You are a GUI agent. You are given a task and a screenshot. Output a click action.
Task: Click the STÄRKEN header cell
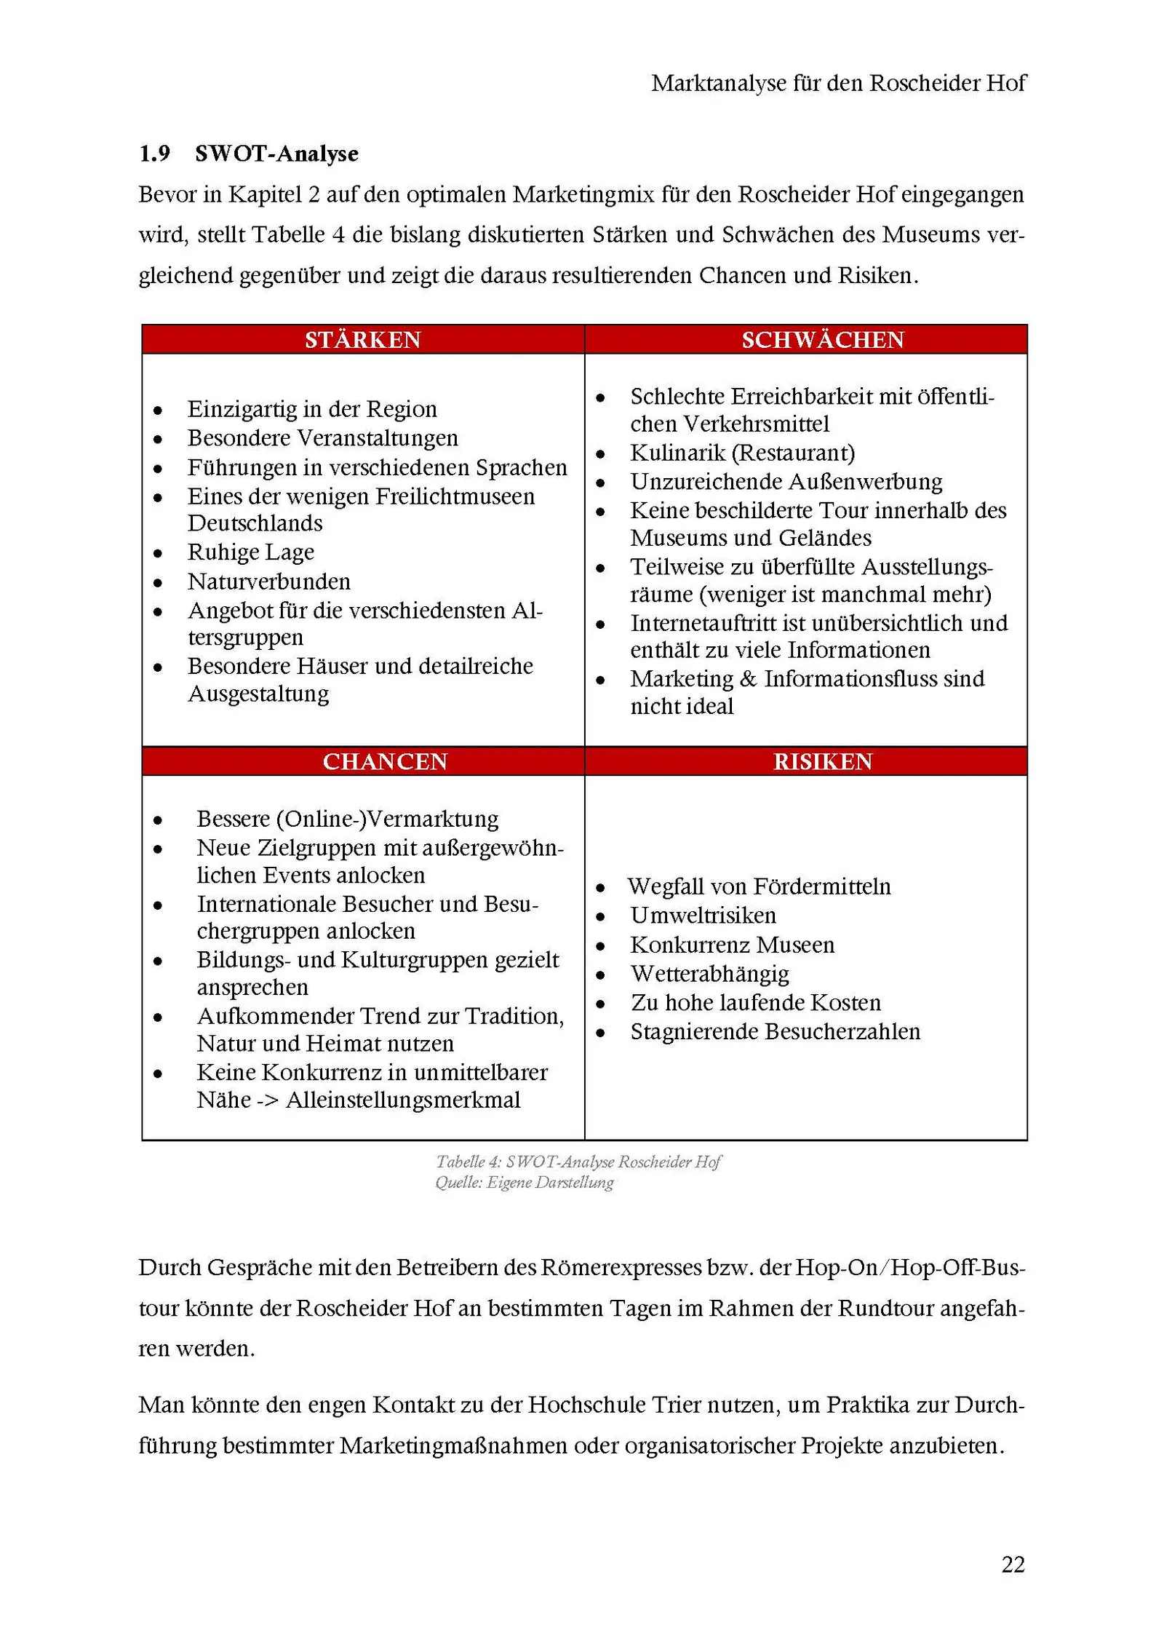pyautogui.click(x=362, y=340)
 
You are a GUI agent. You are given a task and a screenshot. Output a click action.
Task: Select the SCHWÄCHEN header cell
pyautogui.click(x=822, y=340)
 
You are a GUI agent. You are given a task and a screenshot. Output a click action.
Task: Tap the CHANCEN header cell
pyautogui.click(x=385, y=761)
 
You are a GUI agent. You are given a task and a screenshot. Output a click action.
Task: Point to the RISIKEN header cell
pyautogui.click(x=822, y=761)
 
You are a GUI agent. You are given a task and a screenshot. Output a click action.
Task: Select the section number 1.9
pyautogui.click(x=154, y=154)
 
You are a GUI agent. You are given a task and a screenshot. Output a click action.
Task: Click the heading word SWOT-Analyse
pyautogui.click(x=276, y=154)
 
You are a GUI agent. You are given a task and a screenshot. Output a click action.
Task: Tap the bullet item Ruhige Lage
pyautogui.click(x=251, y=552)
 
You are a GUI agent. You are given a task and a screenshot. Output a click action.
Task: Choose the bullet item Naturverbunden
pyautogui.click(x=269, y=582)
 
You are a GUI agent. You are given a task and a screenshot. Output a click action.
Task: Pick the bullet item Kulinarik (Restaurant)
pyautogui.click(x=743, y=453)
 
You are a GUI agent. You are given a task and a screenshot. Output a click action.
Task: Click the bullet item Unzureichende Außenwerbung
pyautogui.click(x=786, y=482)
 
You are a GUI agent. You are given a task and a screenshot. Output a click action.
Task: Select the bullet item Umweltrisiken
pyautogui.click(x=703, y=916)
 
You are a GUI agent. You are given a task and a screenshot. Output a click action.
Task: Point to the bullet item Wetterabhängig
pyautogui.click(x=710, y=974)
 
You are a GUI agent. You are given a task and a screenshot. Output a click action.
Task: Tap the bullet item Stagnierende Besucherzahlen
pyautogui.click(x=776, y=1032)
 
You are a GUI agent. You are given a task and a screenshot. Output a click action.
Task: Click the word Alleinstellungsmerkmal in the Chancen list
pyautogui.click(x=403, y=1100)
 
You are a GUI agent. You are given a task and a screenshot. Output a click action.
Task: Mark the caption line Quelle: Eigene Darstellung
pyautogui.click(x=525, y=1183)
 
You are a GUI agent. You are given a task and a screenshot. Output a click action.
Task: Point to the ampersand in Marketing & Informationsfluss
pyautogui.click(x=748, y=679)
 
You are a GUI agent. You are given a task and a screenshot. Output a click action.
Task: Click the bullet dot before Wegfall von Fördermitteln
pyautogui.click(x=600, y=888)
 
